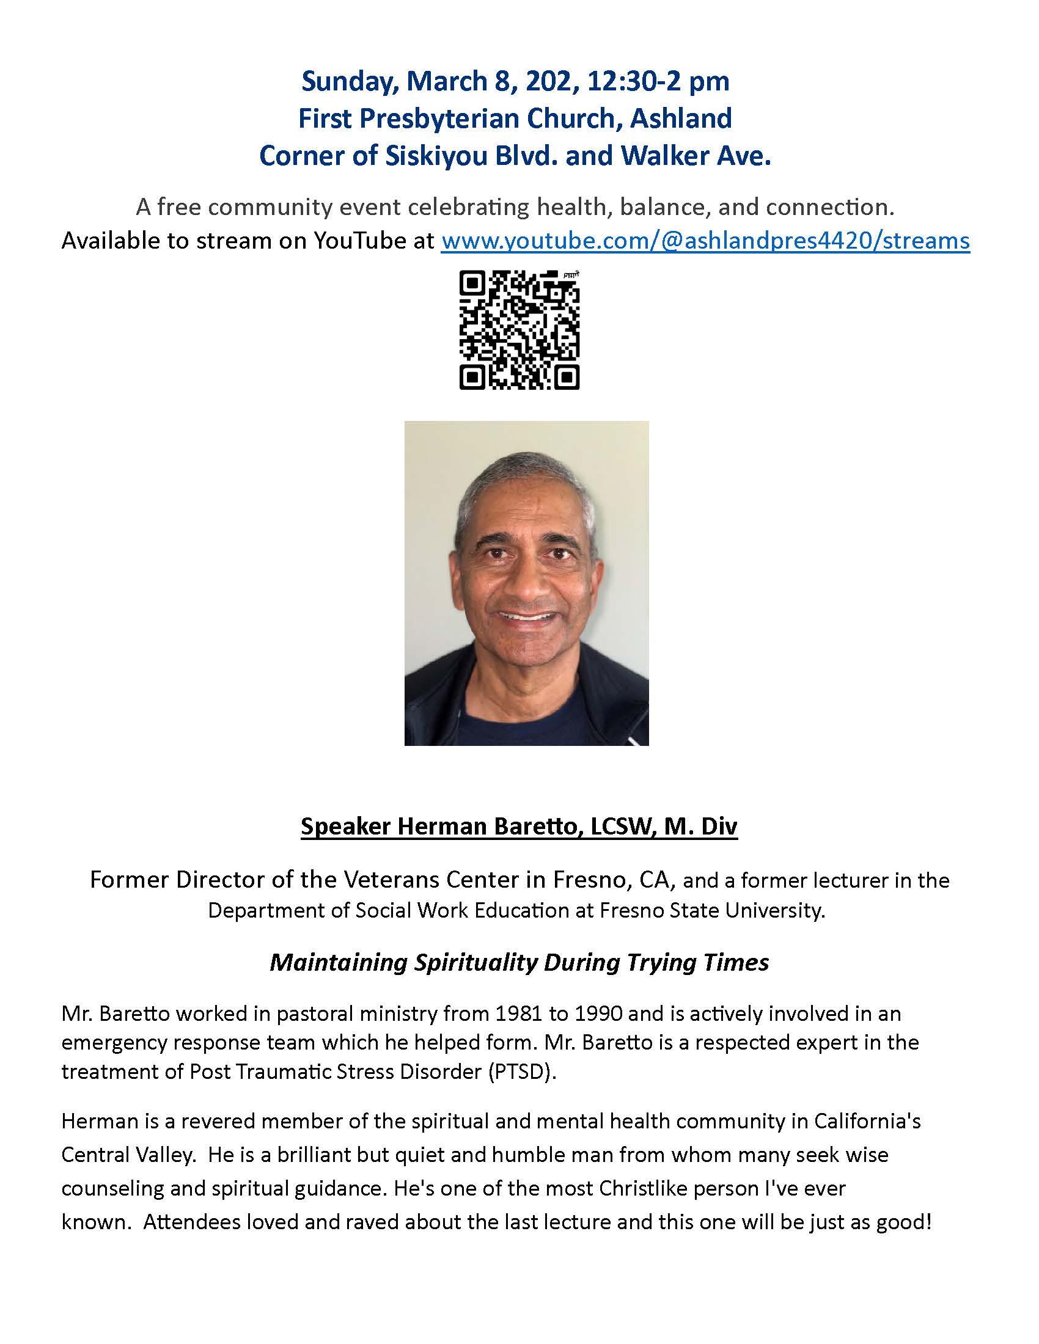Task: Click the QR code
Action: [519, 331]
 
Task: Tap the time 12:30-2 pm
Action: [659, 82]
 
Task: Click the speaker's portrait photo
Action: [526, 583]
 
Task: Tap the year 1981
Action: [516, 1013]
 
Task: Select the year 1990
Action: [594, 1013]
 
